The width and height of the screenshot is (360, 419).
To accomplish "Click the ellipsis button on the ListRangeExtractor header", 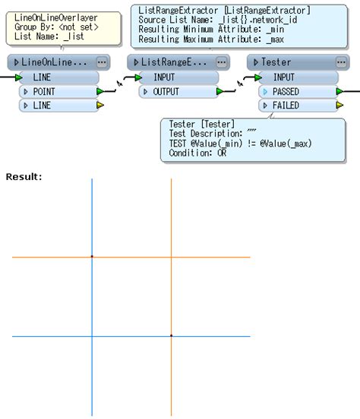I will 221,61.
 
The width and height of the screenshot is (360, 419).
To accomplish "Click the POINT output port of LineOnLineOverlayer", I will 58,92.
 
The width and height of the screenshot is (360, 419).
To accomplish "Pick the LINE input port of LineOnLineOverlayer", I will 58,77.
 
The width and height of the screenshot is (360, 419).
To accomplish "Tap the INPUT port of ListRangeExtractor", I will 178,77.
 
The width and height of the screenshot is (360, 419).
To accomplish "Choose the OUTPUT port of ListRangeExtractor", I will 178,92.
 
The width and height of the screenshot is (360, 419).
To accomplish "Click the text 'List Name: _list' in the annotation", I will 49,36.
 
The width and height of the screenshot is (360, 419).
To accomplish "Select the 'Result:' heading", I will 24,177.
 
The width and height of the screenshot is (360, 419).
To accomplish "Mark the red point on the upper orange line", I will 92,257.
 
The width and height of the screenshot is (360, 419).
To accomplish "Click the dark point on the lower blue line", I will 171,336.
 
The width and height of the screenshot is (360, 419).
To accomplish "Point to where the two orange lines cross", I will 171,257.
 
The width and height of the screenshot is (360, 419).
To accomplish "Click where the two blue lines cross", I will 92,336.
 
